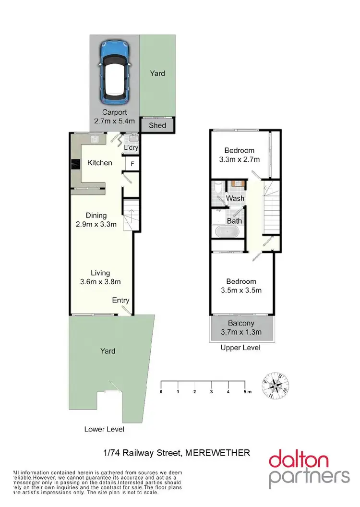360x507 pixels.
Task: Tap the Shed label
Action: coord(158,126)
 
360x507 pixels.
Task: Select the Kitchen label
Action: coord(100,163)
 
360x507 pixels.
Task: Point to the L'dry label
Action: coord(131,148)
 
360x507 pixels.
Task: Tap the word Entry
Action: coord(121,301)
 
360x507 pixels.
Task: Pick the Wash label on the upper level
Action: coord(235,198)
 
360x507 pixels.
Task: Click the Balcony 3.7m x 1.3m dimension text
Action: coord(241,327)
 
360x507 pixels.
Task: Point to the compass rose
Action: coord(276,386)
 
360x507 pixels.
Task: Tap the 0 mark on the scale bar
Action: coord(161,392)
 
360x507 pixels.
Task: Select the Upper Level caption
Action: coord(240,347)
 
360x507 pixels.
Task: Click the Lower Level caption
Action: coord(104,429)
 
